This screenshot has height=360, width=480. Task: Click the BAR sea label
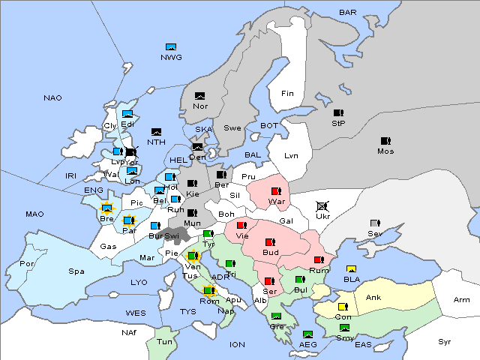[x=348, y=12]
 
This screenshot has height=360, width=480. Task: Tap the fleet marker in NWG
[x=170, y=47]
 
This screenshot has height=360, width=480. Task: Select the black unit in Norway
[x=199, y=96]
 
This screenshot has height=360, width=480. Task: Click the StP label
[x=338, y=122]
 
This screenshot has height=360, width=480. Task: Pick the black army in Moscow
[x=385, y=140]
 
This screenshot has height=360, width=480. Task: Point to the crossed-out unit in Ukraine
[x=322, y=205]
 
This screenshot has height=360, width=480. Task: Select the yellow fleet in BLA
[x=350, y=269]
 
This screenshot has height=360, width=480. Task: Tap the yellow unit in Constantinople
[x=343, y=307]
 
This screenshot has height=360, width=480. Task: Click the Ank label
[x=373, y=298]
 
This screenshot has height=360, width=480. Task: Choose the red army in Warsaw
[x=276, y=191]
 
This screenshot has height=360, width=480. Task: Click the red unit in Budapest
[x=270, y=241]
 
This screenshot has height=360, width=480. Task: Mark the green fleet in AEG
[x=307, y=334]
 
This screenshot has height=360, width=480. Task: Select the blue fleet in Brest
[x=106, y=208]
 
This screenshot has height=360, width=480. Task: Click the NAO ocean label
[x=52, y=97]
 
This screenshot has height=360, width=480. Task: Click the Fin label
[x=287, y=93]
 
